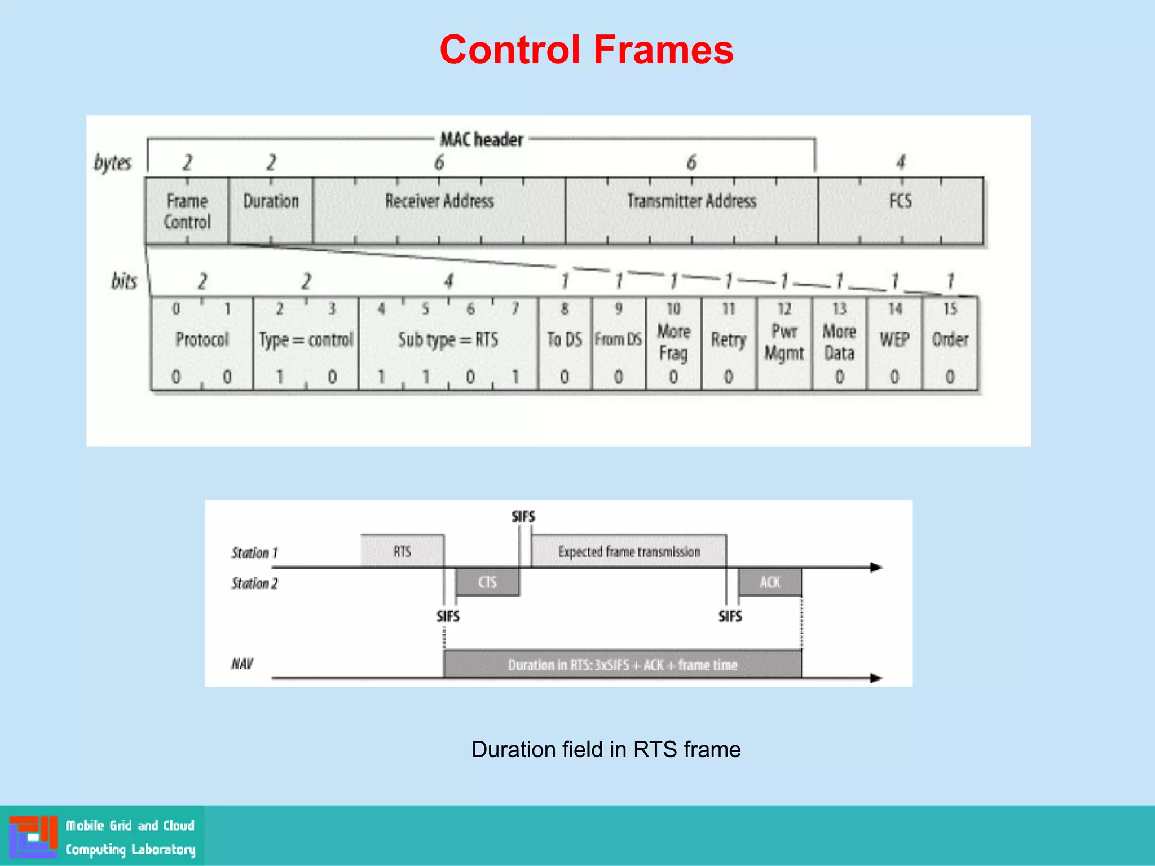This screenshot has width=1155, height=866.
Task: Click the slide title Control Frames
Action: (x=586, y=50)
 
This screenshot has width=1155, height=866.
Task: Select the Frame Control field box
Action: (x=187, y=211)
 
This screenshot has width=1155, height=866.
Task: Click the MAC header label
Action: (x=482, y=139)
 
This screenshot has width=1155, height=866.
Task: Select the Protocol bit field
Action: (x=202, y=343)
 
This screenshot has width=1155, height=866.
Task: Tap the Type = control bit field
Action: (x=306, y=343)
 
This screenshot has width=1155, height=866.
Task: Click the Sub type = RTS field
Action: (x=448, y=343)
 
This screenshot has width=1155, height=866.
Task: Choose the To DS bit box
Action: (x=565, y=343)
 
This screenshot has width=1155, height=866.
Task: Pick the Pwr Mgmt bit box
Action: (x=784, y=343)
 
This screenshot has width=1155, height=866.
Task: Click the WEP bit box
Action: (x=894, y=343)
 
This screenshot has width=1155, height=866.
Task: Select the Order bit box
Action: (x=950, y=343)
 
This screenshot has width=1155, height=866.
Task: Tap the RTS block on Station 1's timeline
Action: (x=402, y=551)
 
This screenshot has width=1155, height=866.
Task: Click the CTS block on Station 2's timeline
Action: (x=487, y=582)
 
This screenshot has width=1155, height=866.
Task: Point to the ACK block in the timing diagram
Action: (x=770, y=582)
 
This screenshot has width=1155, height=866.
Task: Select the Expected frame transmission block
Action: (x=628, y=551)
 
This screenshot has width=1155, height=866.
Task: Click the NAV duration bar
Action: (x=622, y=664)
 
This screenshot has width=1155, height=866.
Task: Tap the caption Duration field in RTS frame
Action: (x=606, y=749)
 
